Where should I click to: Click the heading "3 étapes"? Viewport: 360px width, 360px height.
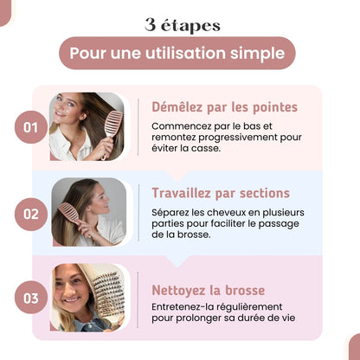182,24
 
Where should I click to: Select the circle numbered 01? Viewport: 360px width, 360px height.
31,128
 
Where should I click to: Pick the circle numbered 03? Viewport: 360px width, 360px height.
31,299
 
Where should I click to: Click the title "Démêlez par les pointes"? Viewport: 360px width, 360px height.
224,107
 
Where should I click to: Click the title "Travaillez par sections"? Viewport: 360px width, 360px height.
221,193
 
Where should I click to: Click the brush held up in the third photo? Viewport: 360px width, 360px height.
106,294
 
